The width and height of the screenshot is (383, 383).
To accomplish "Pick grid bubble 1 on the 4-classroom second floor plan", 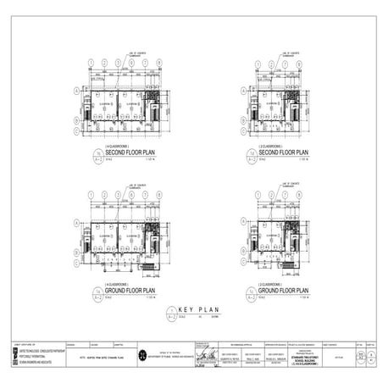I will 91,64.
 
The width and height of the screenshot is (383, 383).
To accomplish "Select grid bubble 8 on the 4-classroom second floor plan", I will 159,64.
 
